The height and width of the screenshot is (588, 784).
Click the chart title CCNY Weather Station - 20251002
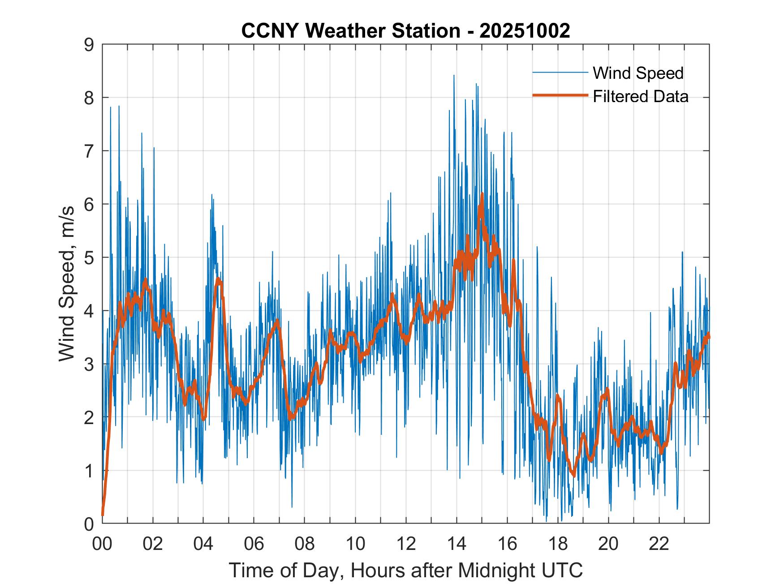[405, 31]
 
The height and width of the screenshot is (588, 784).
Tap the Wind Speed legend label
[638, 73]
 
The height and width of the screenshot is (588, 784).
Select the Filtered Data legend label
[640, 96]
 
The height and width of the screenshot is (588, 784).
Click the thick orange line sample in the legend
[560, 95]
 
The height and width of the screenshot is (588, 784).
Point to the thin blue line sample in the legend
[560, 73]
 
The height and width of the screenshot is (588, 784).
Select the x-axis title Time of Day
[405, 571]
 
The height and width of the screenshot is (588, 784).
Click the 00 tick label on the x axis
[102, 544]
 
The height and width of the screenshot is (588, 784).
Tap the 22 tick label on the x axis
[659, 544]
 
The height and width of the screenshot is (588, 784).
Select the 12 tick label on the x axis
[406, 544]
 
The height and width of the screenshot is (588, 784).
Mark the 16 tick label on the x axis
[507, 544]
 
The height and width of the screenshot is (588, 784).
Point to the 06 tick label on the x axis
[254, 544]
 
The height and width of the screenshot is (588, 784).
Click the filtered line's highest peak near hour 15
[482, 194]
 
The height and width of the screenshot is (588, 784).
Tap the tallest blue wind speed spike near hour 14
[454, 76]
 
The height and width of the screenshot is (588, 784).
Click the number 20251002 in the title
[525, 31]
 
